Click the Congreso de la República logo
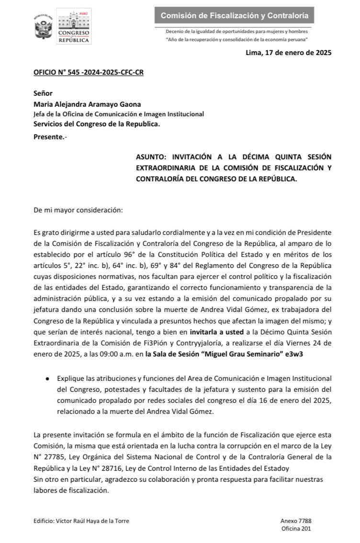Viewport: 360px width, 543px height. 74,27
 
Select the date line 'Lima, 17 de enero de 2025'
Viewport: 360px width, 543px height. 288,53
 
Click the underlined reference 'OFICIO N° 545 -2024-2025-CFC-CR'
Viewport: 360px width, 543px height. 89,73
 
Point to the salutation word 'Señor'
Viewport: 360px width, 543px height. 43,93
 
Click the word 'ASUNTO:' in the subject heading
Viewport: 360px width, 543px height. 152,157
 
